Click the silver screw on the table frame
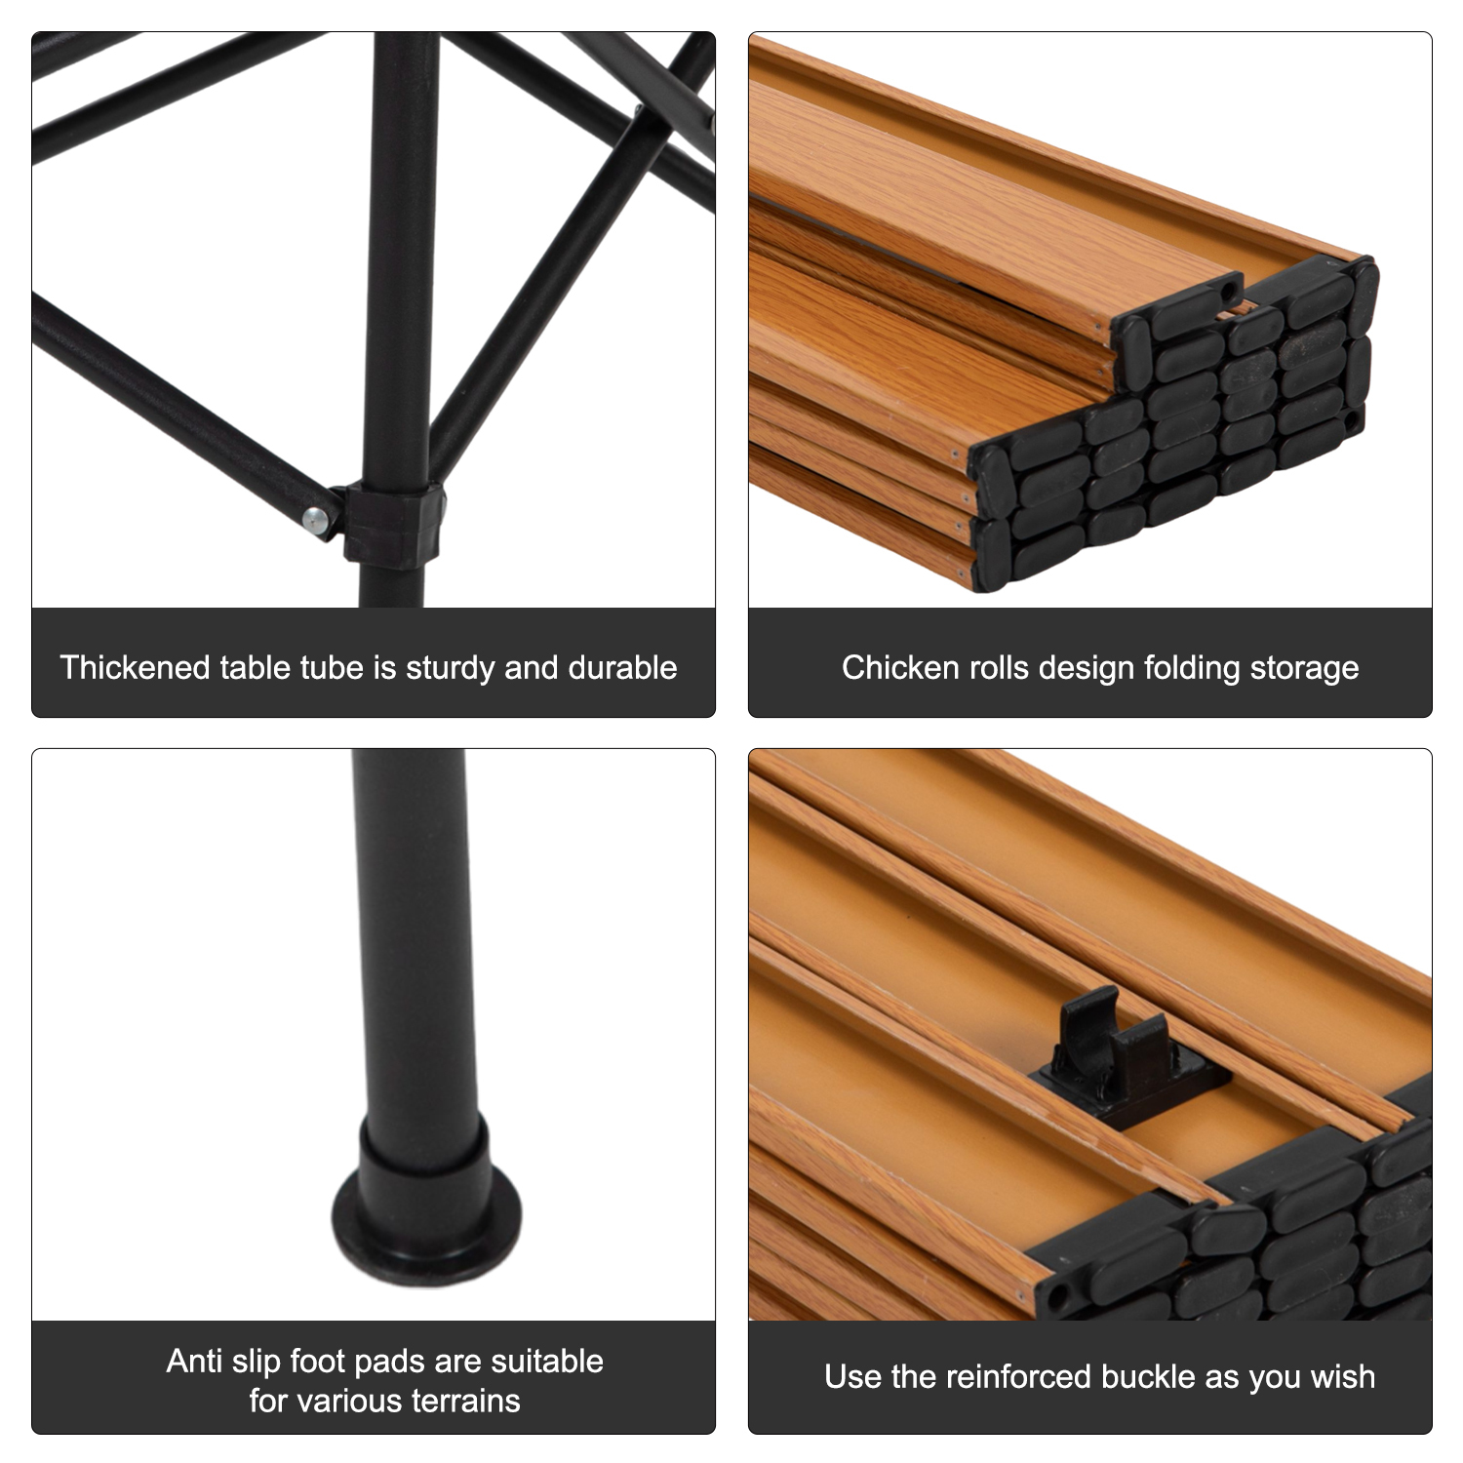tap(315, 521)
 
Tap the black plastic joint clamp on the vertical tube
tap(394, 525)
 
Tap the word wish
tap(1343, 1377)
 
